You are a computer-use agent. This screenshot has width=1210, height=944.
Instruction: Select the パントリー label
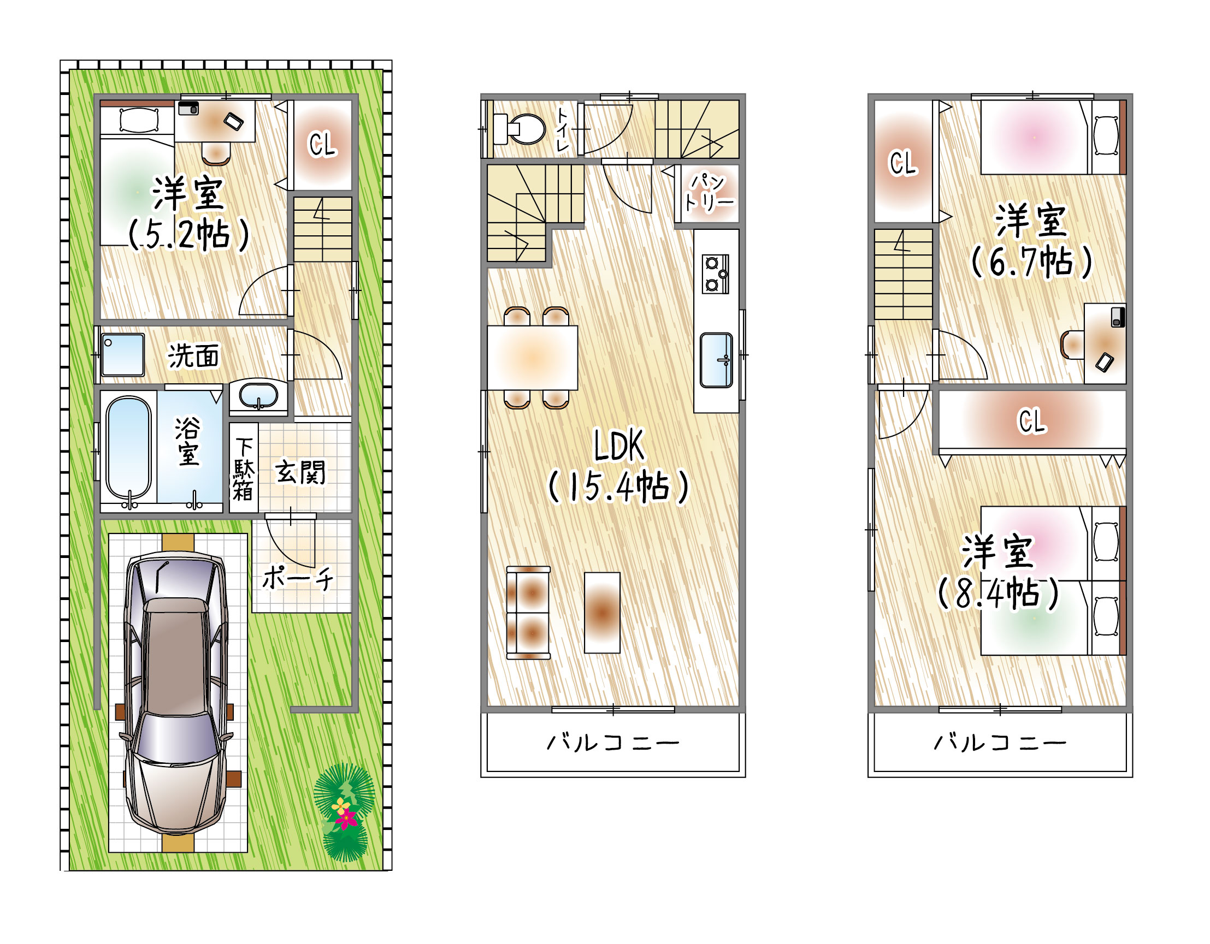[709, 193]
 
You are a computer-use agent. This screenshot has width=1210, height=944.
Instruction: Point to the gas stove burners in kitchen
[716, 274]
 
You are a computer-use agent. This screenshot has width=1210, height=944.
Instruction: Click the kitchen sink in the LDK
[716, 360]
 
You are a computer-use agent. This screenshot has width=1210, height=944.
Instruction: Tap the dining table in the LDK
[533, 358]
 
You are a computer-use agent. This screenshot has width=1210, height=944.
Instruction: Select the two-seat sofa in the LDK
[529, 613]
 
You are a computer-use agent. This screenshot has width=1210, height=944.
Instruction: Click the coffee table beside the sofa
[602, 613]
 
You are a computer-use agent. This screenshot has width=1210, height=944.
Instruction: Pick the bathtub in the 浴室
[128, 448]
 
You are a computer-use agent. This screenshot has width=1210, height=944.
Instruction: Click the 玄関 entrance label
[300, 472]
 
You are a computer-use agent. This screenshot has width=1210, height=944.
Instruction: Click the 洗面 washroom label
[193, 355]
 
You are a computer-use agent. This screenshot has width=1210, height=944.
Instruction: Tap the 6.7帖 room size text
[1031, 262]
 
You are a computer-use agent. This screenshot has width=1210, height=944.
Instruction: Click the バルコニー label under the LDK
[613, 743]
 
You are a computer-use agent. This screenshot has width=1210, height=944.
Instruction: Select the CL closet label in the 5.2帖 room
[322, 145]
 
